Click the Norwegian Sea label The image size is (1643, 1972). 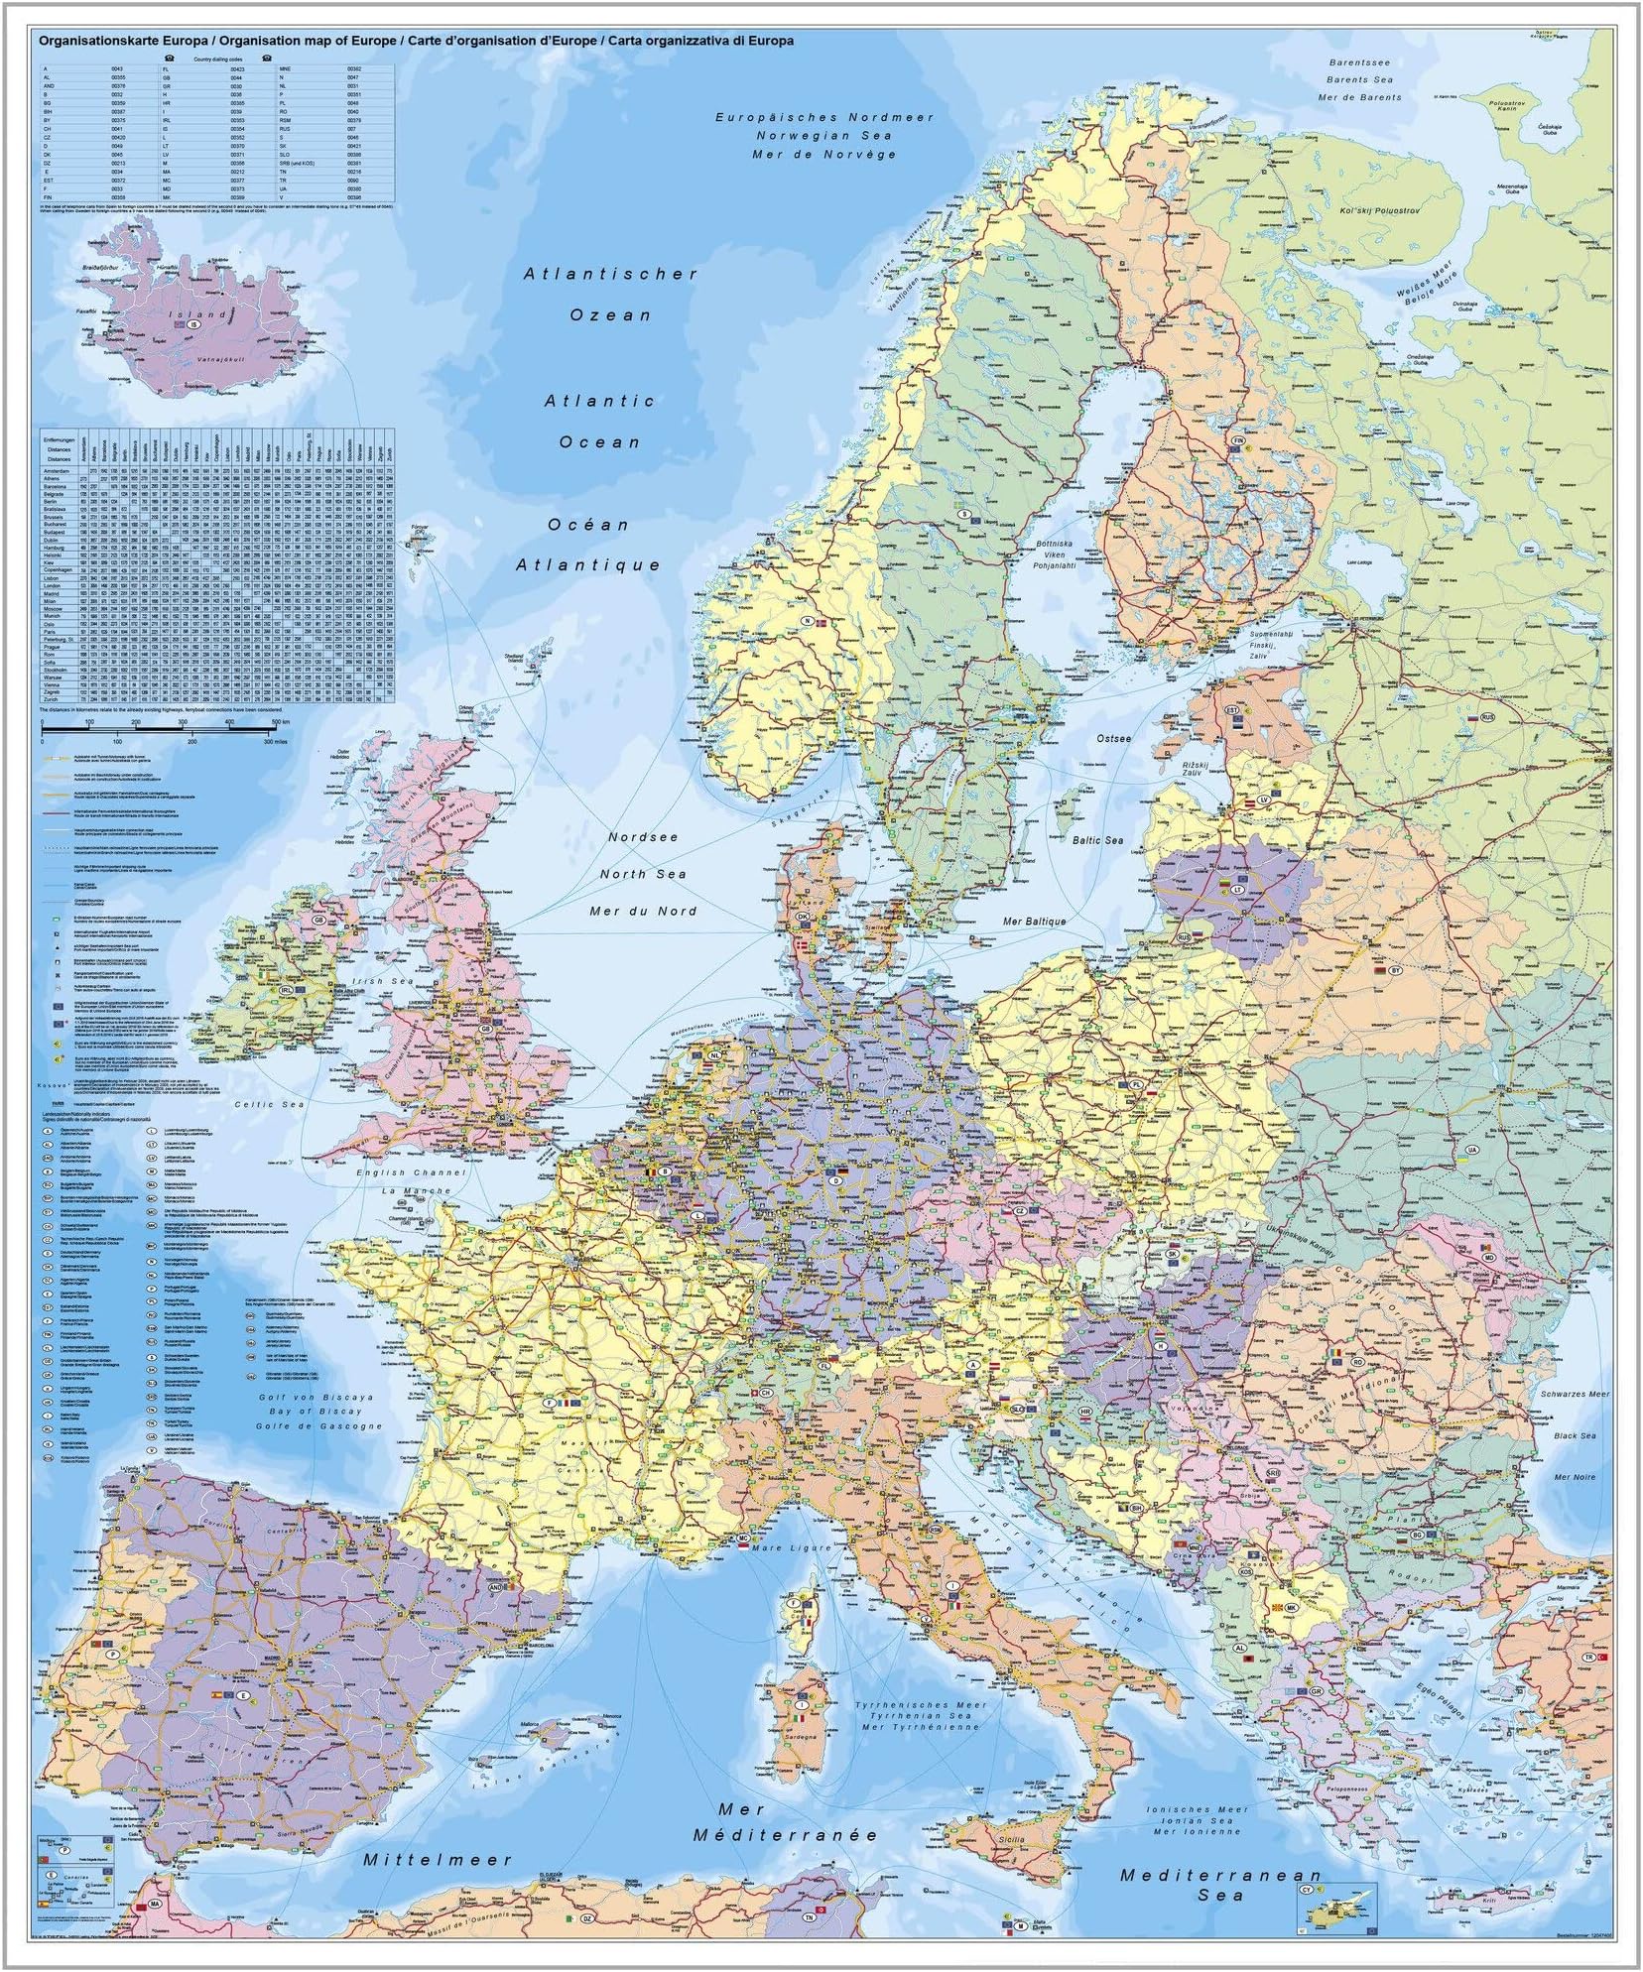823,135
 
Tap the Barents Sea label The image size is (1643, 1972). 1360,79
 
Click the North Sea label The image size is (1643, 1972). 644,873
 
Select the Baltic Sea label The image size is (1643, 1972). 1097,840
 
